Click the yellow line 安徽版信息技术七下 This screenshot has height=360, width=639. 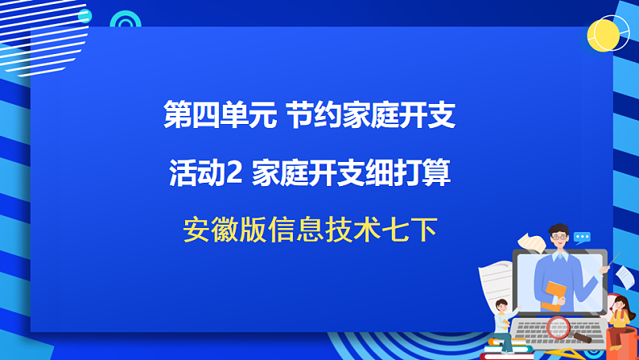(x=310, y=231)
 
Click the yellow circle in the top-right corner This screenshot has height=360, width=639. (x=608, y=35)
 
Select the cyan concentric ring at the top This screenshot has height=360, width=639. (x=125, y=23)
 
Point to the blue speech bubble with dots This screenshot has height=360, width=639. (x=582, y=237)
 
